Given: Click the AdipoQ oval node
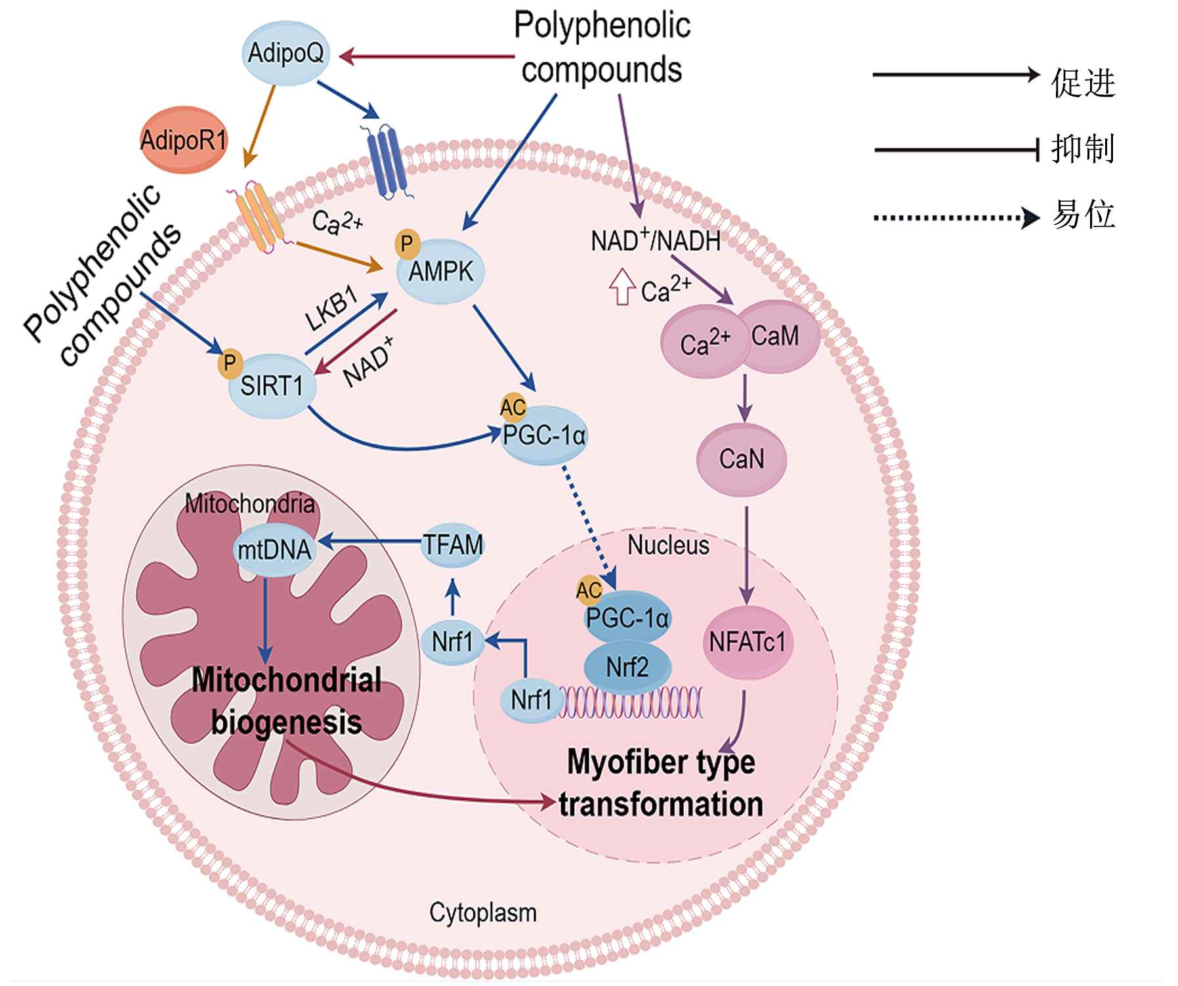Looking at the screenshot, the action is tap(285, 53).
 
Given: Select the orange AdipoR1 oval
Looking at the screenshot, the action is tap(184, 140).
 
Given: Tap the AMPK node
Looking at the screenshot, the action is tap(440, 271).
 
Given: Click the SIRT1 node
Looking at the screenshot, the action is tap(272, 386).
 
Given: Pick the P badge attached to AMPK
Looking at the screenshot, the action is tap(407, 244).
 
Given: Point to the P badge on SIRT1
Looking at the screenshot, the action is tap(230, 363).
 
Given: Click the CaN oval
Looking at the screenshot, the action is tap(742, 459).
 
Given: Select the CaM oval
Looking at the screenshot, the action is tap(778, 336).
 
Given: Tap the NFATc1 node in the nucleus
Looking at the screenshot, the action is tap(747, 642).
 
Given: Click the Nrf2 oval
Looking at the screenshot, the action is tap(627, 667).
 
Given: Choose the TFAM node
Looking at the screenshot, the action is tap(453, 545).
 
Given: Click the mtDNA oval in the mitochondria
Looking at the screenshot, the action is tap(274, 549).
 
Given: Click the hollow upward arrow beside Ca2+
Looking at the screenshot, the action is tap(621, 287).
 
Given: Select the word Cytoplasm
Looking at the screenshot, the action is tap(483, 912).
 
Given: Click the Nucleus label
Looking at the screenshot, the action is tap(668, 545).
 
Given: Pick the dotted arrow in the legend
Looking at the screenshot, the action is tap(956, 217).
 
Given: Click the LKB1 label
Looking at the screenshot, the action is tap(332, 308).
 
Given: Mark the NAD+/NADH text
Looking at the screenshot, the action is tap(656, 240).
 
